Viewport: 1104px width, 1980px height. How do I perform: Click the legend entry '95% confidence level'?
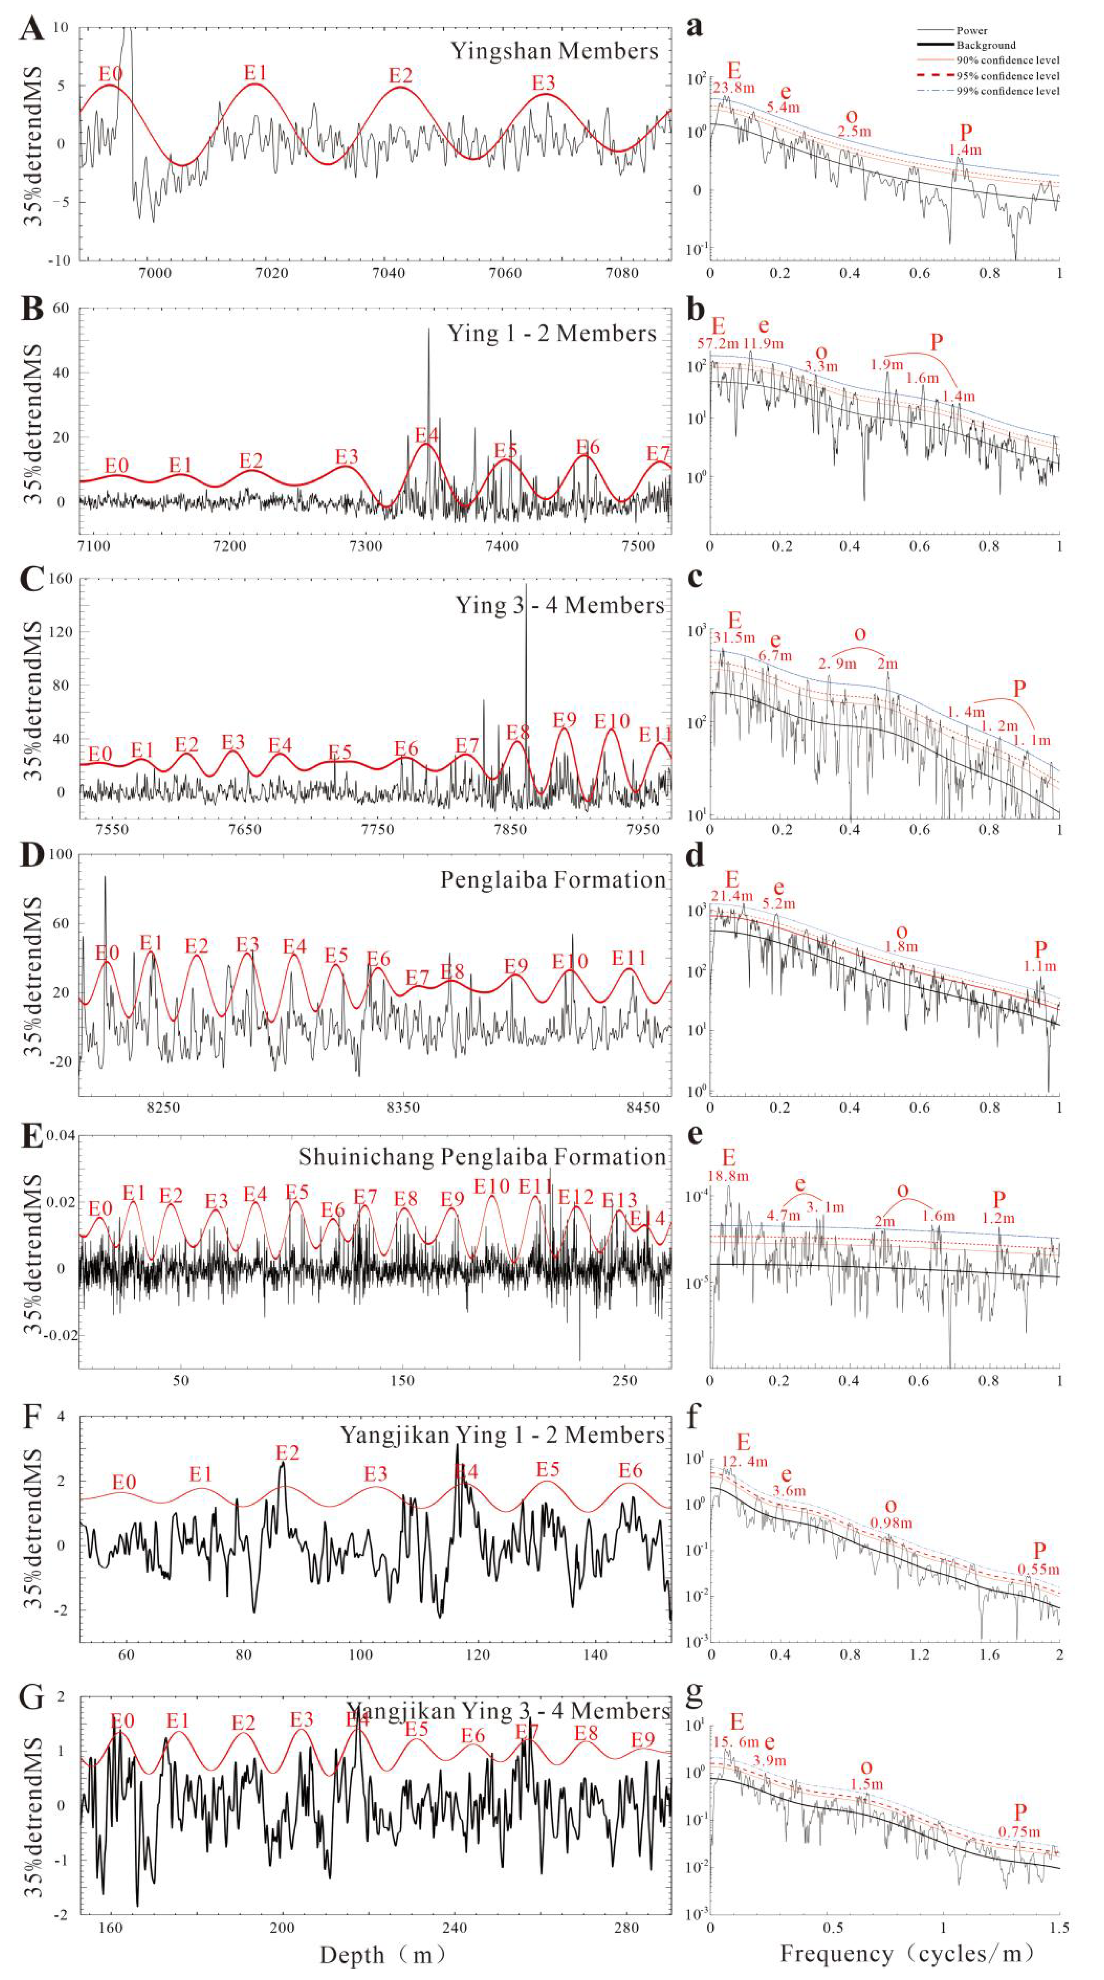click(x=1007, y=75)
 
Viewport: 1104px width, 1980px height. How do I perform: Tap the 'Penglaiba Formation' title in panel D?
click(x=553, y=880)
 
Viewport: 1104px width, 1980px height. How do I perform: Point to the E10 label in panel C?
click(x=612, y=721)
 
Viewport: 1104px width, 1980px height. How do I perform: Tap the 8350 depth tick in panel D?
click(x=403, y=1108)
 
